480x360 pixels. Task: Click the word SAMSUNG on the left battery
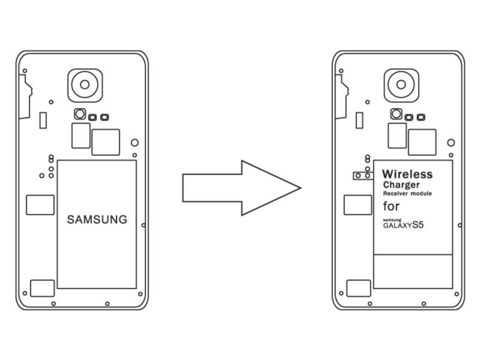point(97,220)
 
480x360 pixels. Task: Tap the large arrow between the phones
point(240,188)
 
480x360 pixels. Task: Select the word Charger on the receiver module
point(401,185)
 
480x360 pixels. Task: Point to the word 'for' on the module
point(391,206)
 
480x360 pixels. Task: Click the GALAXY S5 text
point(407,226)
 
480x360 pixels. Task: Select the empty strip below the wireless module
point(413,271)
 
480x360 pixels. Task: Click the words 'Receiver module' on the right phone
point(407,194)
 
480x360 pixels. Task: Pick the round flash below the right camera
point(396,113)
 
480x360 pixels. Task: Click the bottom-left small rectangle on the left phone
point(42,288)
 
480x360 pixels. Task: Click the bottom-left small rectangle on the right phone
point(359,288)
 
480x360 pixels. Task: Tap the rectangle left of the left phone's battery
point(40,205)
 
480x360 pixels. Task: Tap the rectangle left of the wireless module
point(357,205)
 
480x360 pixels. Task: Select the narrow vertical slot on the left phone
point(43,119)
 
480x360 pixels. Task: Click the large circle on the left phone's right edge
point(134,143)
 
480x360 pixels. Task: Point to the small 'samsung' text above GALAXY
point(391,220)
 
